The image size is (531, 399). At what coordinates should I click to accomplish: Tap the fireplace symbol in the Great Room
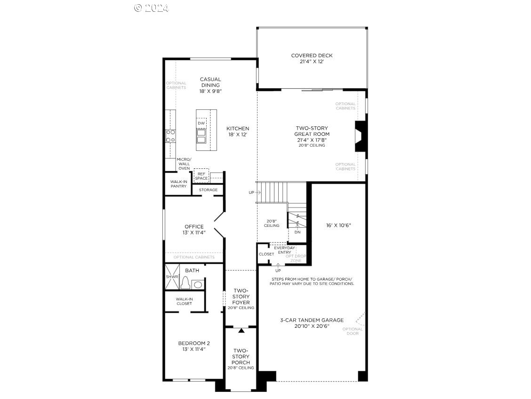(361, 136)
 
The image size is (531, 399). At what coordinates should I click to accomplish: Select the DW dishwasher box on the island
(201, 123)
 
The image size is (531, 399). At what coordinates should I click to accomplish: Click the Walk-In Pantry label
(178, 183)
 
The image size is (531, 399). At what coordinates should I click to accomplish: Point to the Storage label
(208, 190)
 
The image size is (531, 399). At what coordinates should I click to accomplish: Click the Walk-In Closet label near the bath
(184, 301)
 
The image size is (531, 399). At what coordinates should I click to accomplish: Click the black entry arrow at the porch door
(241, 331)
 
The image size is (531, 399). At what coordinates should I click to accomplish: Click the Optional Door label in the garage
(353, 331)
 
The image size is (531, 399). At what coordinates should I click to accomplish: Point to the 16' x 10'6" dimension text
(338, 225)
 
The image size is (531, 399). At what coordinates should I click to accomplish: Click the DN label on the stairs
(298, 232)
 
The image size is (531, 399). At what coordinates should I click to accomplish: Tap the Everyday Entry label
(284, 250)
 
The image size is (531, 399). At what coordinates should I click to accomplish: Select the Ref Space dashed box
(201, 175)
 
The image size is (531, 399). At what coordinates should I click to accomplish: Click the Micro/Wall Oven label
(184, 164)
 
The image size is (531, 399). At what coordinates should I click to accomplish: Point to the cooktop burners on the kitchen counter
(170, 136)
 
